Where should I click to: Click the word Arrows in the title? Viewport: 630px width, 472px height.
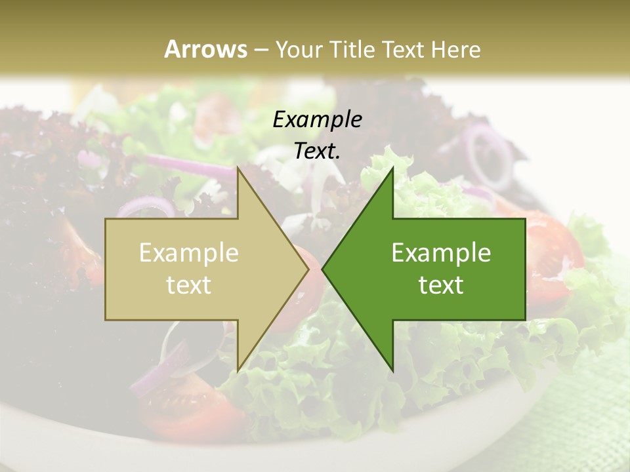205,49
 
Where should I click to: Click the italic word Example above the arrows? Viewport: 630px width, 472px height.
317,119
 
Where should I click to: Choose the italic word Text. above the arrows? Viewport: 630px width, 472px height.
317,151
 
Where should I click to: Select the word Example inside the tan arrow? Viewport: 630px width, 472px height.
188,253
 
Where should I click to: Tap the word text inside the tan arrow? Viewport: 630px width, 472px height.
188,285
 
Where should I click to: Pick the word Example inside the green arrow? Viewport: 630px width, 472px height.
441,253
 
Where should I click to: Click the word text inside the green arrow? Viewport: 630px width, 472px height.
441,285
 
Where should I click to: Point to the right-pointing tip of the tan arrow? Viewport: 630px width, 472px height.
308,269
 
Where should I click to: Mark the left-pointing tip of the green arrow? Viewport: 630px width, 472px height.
323,269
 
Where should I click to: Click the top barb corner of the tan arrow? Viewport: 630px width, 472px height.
238,168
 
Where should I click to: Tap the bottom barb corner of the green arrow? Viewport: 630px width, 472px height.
392,370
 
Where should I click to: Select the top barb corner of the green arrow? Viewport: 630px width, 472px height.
392,168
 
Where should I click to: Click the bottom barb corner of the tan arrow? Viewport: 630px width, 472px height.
238,370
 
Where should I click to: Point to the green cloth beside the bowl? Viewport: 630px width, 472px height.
584,420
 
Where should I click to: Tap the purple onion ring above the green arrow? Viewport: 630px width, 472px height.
489,154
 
